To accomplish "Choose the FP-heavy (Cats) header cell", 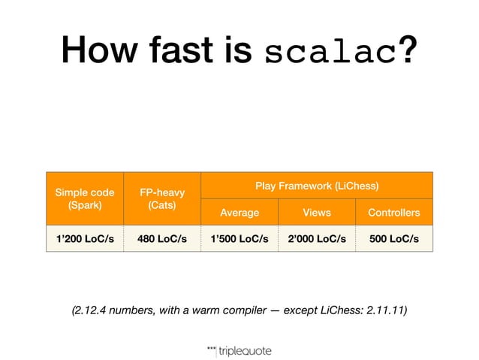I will (162, 198).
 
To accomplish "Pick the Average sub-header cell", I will (239, 213).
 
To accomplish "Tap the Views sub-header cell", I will (316, 213).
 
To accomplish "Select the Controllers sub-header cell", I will (393, 213).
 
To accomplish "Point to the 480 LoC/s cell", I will (162, 240).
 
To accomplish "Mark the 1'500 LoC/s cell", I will (239, 240).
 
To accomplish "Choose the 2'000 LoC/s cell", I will (316, 240).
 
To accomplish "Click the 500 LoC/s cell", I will (393, 240).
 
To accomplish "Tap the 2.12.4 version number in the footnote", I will (91, 309).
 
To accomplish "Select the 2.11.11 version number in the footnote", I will (383, 309).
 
